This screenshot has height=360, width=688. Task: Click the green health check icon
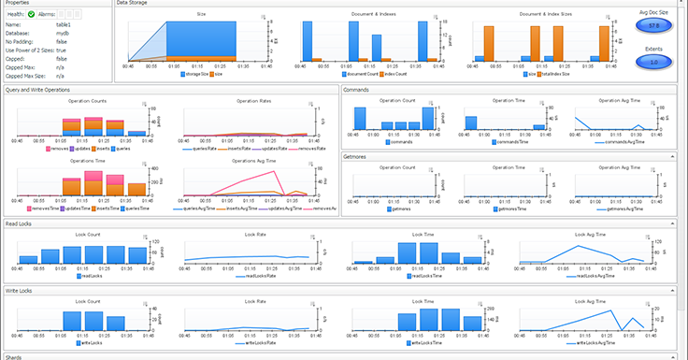tap(31, 14)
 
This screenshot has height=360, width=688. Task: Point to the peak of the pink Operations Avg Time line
tap(259, 173)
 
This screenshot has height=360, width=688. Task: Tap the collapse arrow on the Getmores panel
tap(673, 156)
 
